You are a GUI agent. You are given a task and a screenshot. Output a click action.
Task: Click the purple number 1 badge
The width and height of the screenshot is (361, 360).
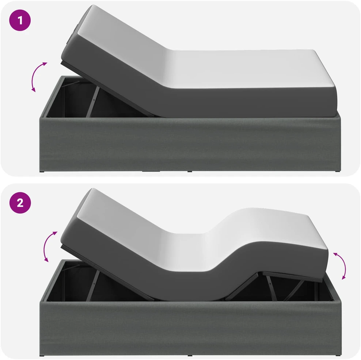[x=20, y=20]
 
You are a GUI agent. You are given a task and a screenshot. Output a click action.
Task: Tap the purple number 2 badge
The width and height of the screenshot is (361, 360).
[x=20, y=203]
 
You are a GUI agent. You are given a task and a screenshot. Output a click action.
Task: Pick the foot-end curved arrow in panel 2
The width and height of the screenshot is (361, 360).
[x=343, y=265]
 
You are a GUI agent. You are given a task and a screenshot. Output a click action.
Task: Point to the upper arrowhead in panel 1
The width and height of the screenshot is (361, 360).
[x=45, y=64]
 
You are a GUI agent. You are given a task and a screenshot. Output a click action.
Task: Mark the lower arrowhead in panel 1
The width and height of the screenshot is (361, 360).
[x=34, y=90]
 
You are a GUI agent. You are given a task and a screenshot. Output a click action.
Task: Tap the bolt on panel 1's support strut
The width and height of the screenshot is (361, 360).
[x=94, y=100]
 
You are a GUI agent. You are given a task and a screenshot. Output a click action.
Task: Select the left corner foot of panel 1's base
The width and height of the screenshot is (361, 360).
[x=42, y=171]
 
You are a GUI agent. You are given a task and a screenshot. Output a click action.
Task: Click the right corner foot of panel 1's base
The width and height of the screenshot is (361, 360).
[x=338, y=171]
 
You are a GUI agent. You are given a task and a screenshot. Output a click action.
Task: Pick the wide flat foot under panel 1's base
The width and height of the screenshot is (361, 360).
[x=151, y=171]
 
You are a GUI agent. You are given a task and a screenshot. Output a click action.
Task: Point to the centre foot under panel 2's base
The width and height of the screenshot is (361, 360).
[x=190, y=356]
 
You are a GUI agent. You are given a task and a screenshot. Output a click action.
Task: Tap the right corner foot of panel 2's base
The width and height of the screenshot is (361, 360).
[x=338, y=356]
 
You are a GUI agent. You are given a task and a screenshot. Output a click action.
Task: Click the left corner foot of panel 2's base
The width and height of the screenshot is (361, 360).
[x=42, y=356]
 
